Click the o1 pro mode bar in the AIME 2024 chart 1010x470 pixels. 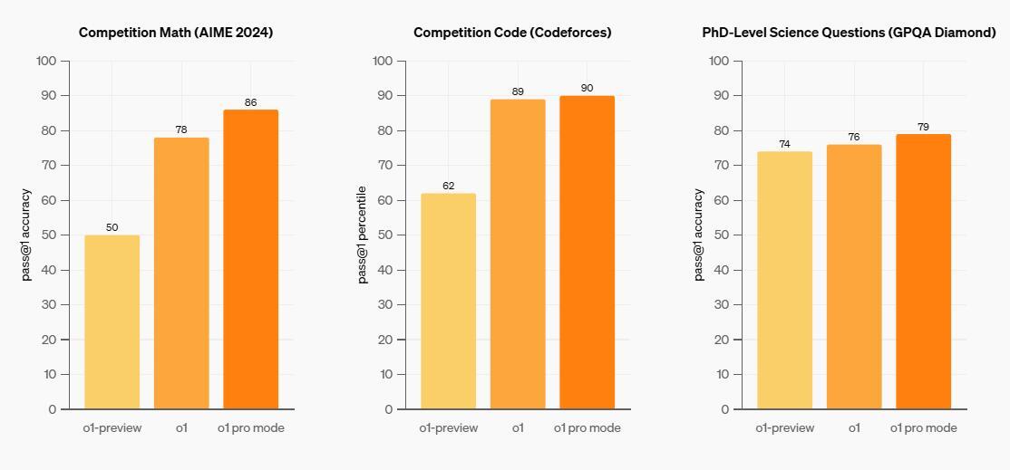click(250, 260)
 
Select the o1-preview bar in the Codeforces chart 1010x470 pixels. click(448, 302)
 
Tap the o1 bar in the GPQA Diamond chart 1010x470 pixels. click(854, 277)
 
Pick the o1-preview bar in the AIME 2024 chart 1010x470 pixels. click(112, 322)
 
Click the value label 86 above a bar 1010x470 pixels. click(250, 102)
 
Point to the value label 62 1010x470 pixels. click(448, 186)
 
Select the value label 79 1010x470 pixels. click(923, 127)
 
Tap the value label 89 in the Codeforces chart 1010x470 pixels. click(518, 91)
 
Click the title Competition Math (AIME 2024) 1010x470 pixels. click(176, 33)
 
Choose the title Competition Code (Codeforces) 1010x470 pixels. click(512, 33)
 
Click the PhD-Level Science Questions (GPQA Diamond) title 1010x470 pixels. click(849, 33)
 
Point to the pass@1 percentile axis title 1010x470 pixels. click(363, 235)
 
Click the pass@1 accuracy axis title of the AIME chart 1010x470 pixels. click(26, 235)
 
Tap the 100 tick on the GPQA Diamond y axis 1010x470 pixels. click(719, 61)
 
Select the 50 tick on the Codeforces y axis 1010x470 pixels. click(386, 235)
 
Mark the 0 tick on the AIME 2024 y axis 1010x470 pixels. click(53, 409)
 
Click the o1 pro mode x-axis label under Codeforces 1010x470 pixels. click(588, 427)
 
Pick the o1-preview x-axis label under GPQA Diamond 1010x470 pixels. click(784, 427)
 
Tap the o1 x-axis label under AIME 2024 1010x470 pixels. click(181, 427)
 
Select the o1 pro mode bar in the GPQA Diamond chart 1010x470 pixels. click(923, 272)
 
